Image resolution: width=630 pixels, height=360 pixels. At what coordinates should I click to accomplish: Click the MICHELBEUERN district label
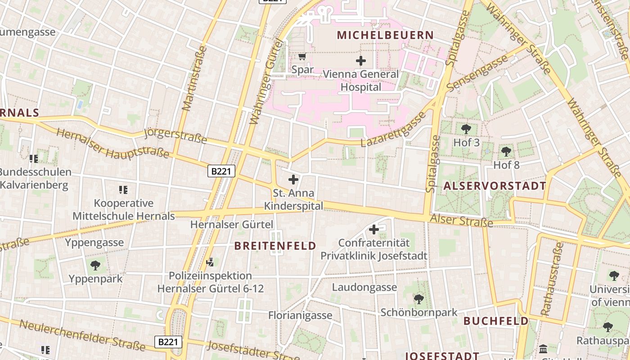(x=385, y=35)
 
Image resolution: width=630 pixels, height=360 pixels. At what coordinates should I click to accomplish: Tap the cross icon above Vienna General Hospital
(x=360, y=60)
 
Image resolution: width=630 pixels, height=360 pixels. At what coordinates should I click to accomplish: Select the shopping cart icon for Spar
(x=302, y=57)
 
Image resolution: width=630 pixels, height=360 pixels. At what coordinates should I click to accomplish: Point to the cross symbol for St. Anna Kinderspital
(x=293, y=180)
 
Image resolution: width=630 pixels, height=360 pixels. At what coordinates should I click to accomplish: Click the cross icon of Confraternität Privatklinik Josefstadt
(x=373, y=229)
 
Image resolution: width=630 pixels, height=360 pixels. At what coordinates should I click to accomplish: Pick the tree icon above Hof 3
(x=466, y=129)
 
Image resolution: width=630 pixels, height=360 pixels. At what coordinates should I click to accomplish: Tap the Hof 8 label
(x=506, y=165)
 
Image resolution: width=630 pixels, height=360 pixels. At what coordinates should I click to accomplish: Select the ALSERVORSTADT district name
(x=495, y=186)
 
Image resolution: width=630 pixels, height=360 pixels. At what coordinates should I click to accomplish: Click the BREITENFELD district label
(x=275, y=246)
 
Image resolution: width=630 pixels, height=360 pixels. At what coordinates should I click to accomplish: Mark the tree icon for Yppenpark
(x=95, y=265)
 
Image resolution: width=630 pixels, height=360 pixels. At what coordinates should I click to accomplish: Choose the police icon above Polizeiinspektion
(x=210, y=262)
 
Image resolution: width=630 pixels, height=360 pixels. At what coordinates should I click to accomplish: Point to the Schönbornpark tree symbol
(x=418, y=299)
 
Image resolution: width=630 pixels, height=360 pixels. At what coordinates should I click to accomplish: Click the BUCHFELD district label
(x=496, y=321)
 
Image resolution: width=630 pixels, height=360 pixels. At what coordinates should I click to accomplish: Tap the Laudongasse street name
(x=364, y=287)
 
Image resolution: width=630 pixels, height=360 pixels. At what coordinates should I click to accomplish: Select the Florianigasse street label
(x=300, y=315)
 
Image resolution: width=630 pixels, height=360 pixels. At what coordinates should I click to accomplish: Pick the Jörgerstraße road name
(x=175, y=136)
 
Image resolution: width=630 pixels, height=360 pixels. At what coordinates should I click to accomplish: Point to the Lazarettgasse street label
(x=393, y=130)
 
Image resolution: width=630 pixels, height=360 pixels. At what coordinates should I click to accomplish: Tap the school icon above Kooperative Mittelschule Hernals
(x=123, y=190)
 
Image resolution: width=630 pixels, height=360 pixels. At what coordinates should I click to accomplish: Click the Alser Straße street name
(x=461, y=220)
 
